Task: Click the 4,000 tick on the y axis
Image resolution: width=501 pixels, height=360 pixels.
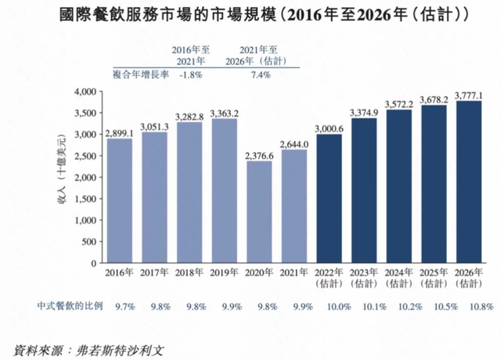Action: point(82,92)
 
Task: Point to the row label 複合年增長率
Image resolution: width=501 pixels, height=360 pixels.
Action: point(133,74)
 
